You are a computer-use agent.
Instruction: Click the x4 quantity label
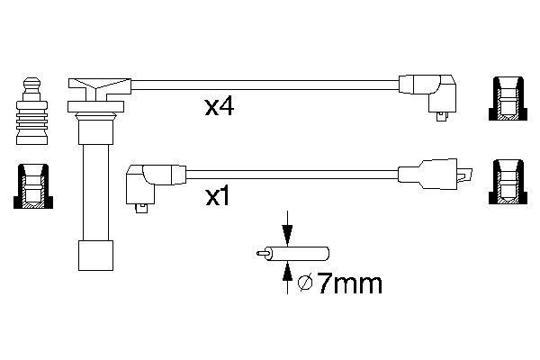tap(220, 108)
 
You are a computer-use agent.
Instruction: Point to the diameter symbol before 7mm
tap(305, 285)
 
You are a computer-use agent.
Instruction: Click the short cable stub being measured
tap(306, 254)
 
